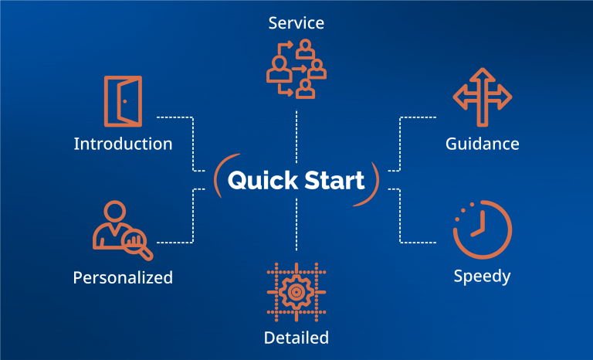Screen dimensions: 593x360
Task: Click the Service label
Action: pyautogui.click(x=296, y=22)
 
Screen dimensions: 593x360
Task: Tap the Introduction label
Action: pyautogui.click(x=123, y=144)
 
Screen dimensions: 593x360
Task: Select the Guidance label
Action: pyautogui.click(x=482, y=144)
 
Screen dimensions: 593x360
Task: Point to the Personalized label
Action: pyautogui.click(x=123, y=277)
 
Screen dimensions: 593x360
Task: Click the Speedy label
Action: pyautogui.click(x=482, y=277)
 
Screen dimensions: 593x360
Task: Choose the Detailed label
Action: pyautogui.click(x=296, y=338)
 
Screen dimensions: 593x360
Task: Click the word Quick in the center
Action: pyautogui.click(x=263, y=180)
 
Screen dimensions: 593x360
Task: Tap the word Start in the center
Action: pyautogui.click(x=334, y=180)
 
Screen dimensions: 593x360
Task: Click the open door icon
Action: pyautogui.click(x=124, y=101)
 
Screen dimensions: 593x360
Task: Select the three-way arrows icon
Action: pyautogui.click(x=482, y=97)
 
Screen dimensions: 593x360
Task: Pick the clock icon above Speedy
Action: pyautogui.click(x=483, y=229)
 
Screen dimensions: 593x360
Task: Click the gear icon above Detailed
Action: pyautogui.click(x=296, y=292)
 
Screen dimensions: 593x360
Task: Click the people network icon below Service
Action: pyautogui.click(x=296, y=69)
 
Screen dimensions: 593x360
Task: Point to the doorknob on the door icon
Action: pyautogui.click(x=125, y=101)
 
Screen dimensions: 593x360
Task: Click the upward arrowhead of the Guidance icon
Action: pyautogui.click(x=482, y=74)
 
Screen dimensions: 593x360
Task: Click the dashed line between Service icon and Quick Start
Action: pyautogui.click(x=296, y=137)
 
